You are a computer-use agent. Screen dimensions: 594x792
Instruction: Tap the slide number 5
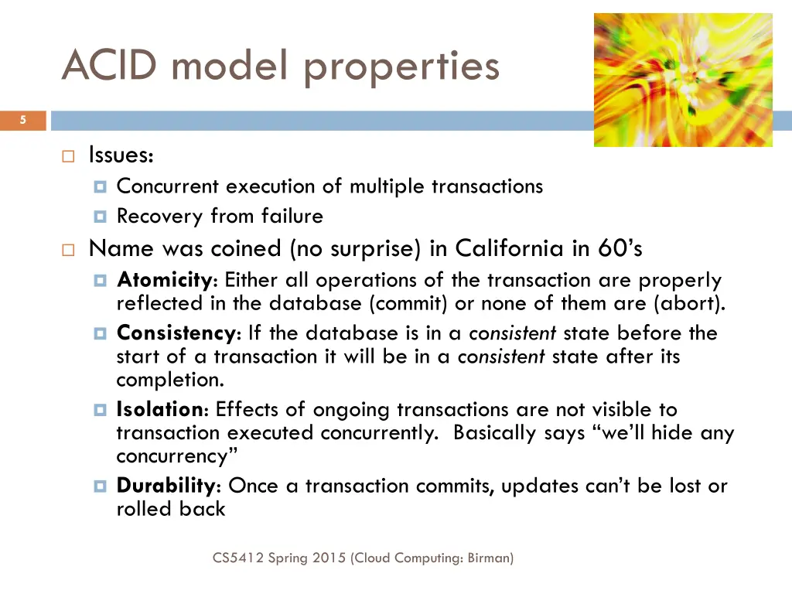[x=23, y=120]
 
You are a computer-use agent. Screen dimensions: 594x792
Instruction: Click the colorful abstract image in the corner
[x=683, y=80]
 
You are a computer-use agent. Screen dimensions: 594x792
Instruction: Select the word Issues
[x=121, y=155]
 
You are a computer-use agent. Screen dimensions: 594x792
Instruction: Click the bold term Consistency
[x=176, y=333]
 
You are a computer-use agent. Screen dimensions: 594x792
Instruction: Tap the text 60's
[x=620, y=248]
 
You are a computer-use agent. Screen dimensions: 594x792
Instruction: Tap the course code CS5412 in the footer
[x=238, y=557]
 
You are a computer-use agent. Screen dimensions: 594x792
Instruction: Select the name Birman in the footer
[x=489, y=557]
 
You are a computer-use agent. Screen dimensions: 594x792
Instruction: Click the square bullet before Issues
[x=67, y=156]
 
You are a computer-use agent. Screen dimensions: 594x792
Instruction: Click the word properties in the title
[x=401, y=66]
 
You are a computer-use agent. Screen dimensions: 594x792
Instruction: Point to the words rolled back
[x=171, y=509]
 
